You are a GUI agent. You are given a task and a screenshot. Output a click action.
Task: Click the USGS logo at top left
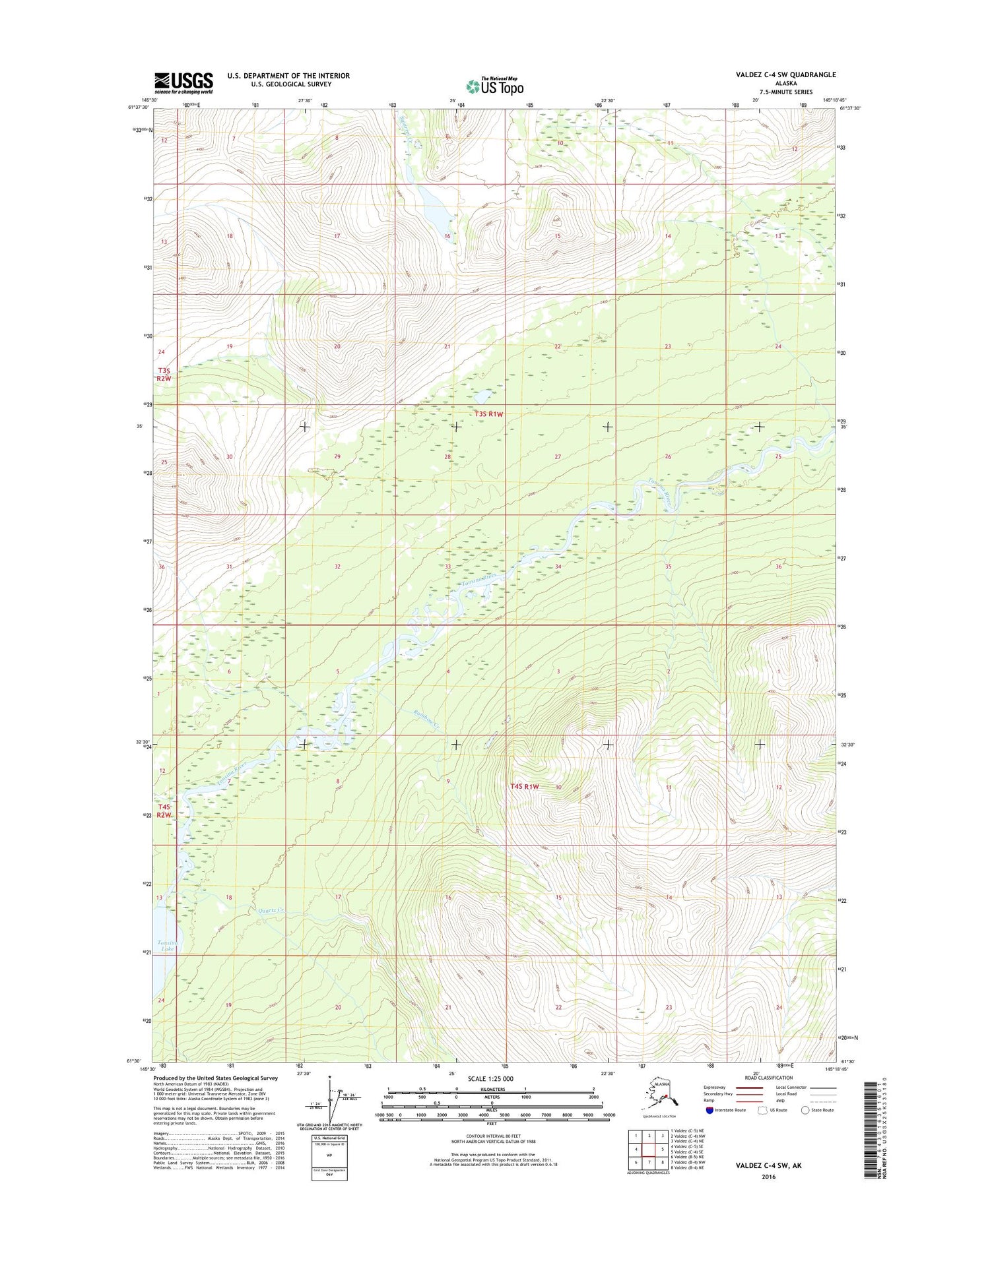pyautogui.click(x=183, y=82)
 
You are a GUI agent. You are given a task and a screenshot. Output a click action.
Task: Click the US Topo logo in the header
pyautogui.click(x=495, y=86)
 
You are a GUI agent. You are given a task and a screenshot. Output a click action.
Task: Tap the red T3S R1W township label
pyautogui.click(x=489, y=414)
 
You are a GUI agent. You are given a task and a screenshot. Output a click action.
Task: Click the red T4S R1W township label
pyautogui.click(x=525, y=786)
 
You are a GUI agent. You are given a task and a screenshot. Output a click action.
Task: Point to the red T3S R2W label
pyautogui.click(x=164, y=375)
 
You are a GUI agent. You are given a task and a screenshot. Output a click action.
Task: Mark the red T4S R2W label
pyautogui.click(x=164, y=811)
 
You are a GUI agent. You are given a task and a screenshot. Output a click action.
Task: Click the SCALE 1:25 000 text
pyautogui.click(x=490, y=1079)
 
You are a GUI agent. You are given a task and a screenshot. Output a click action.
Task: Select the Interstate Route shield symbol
pyautogui.click(x=709, y=1110)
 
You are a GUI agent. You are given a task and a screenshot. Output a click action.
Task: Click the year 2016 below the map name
pyautogui.click(x=768, y=1177)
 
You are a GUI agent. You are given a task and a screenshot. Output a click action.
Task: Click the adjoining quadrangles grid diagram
pyautogui.click(x=648, y=1149)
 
